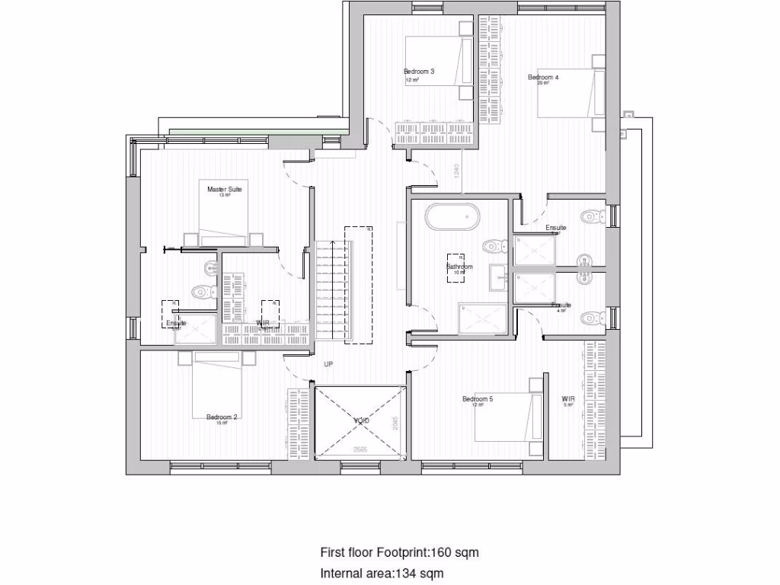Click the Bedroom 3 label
pyautogui.click(x=419, y=72)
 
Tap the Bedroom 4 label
pyautogui.click(x=543, y=77)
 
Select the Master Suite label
pyautogui.click(x=224, y=189)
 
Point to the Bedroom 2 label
pyautogui.click(x=222, y=417)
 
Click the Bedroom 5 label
pyautogui.click(x=478, y=399)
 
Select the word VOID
pyautogui.click(x=360, y=420)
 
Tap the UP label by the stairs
pyautogui.click(x=328, y=365)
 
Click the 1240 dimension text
pyautogui.click(x=456, y=172)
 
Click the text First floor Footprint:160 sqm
pyautogui.click(x=399, y=552)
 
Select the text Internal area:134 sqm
pyautogui.click(x=382, y=573)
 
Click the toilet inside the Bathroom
pyautogui.click(x=494, y=246)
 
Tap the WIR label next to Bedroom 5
pyautogui.click(x=567, y=398)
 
